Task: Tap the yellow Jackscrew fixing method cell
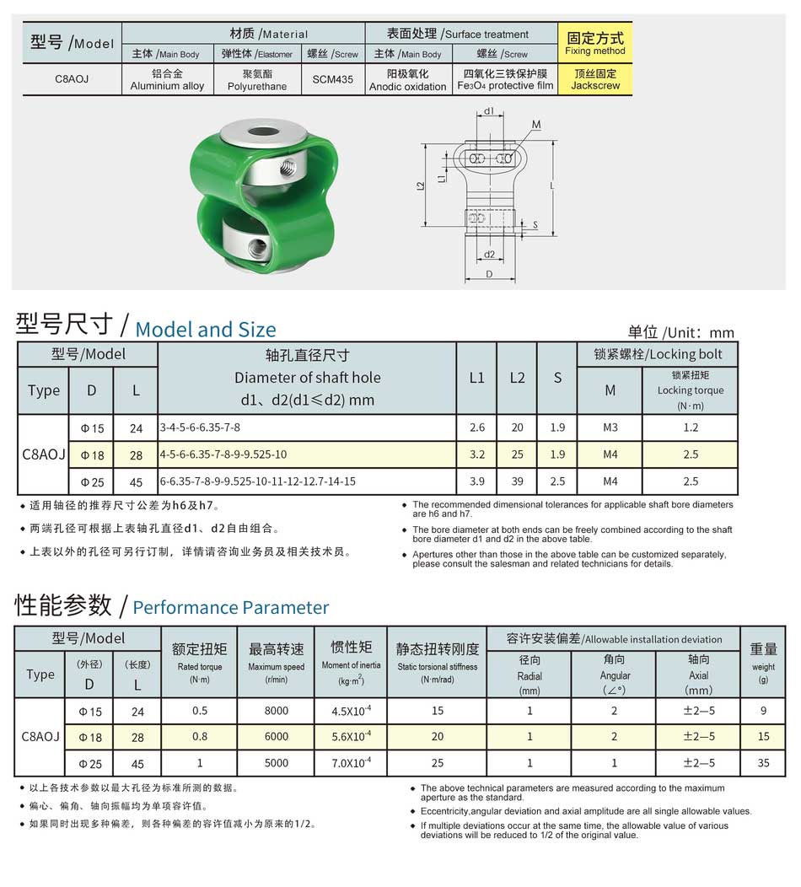click(595, 79)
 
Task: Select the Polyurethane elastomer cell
click(258, 80)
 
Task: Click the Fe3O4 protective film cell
click(505, 80)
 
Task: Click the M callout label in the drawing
click(536, 125)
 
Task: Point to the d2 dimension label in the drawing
click(489, 254)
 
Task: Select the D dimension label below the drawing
click(489, 275)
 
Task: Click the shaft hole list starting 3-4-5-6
click(201, 427)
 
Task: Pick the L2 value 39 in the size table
click(517, 481)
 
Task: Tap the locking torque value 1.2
click(691, 427)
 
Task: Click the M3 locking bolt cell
click(610, 427)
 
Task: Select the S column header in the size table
click(557, 379)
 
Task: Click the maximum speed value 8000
click(276, 711)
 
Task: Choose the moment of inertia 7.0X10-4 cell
click(352, 763)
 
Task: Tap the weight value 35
click(763, 763)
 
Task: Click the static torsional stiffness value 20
click(437, 736)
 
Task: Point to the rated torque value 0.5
click(200, 711)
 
